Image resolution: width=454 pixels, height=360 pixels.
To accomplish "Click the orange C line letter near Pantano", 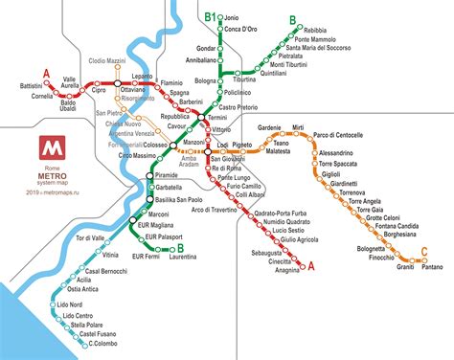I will coord(422,252).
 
